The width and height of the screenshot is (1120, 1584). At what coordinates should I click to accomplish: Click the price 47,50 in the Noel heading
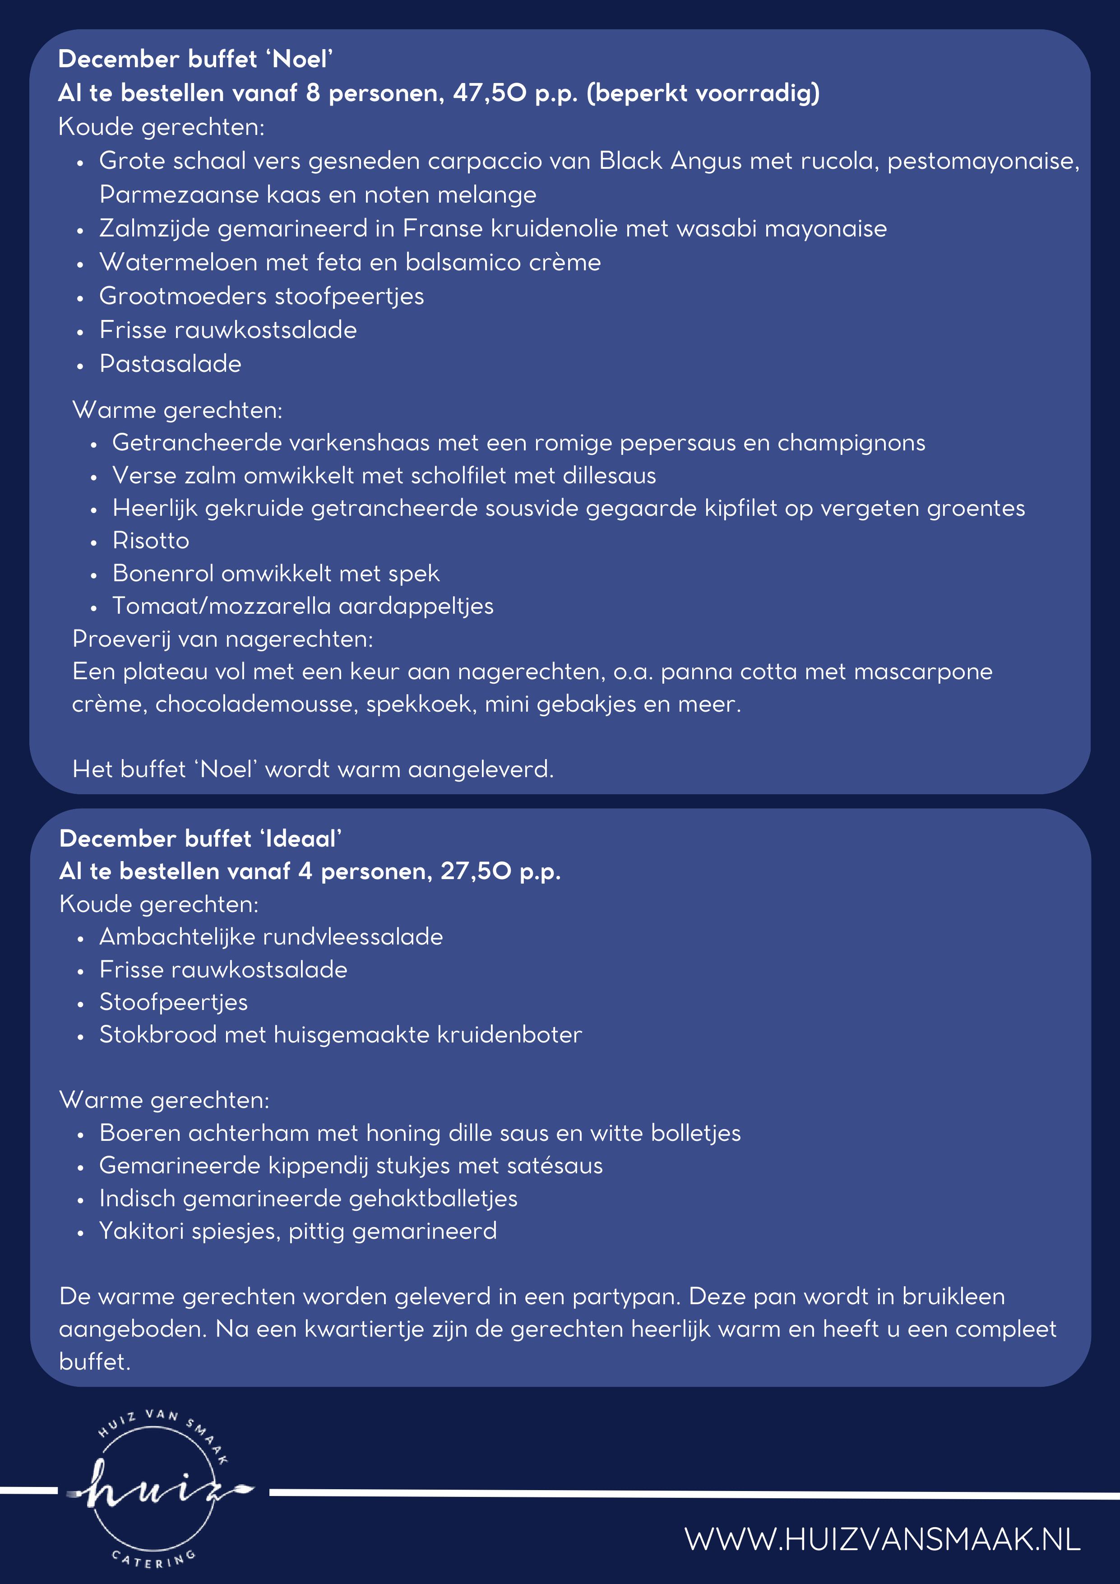point(490,93)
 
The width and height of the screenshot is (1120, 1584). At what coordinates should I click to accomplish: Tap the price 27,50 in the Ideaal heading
point(476,871)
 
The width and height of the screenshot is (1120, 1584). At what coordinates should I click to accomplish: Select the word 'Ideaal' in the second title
point(301,839)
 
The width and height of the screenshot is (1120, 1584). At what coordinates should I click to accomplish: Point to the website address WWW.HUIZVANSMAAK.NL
point(882,1539)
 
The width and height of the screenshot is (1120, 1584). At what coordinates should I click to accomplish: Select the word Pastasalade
point(170,364)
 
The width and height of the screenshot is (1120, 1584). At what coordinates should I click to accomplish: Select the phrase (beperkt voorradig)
point(703,93)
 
